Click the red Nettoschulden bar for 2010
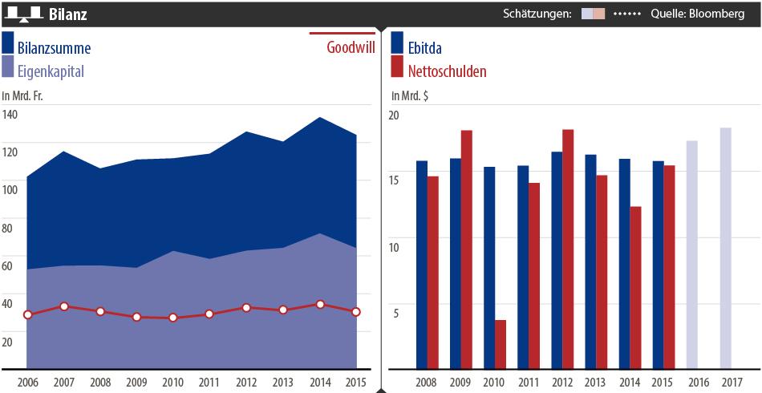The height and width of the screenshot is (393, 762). pos(501,345)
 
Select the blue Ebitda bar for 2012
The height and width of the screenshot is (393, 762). pos(557,261)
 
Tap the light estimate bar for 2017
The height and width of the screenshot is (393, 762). pos(725,249)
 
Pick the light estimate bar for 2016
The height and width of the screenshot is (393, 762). pos(691,255)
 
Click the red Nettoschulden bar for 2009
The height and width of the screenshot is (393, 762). pos(467,250)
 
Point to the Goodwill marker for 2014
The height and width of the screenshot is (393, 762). pos(320,305)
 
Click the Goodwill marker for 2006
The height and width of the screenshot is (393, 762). pos(27,315)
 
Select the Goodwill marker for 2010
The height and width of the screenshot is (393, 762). pos(172,318)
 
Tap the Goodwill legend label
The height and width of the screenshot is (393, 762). pos(349,47)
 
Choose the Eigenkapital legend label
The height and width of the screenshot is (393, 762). pos(51,71)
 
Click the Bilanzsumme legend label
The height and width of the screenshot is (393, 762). pos(54,48)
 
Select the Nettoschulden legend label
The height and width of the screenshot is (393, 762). pos(447,71)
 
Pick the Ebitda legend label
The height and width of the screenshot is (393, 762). pos(425,48)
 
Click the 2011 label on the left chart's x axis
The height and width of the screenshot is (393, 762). pos(209,381)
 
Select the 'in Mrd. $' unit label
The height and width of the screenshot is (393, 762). pos(411,96)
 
